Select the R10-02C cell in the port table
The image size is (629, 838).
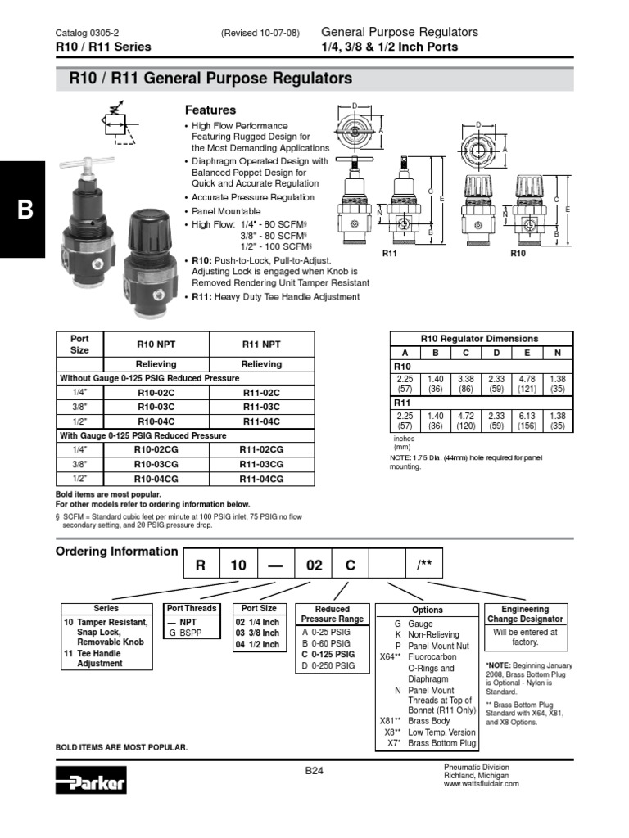156,393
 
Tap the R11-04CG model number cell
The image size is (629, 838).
261,478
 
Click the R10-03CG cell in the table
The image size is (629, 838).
156,464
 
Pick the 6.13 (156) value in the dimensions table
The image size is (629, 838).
527,420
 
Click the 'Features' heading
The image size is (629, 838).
210,110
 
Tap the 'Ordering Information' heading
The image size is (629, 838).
116,551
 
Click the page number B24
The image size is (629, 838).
315,770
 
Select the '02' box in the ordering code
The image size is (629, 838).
314,565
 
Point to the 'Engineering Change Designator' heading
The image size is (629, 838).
525,614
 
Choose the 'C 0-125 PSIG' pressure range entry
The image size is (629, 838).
328,655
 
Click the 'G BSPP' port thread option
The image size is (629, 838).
184,633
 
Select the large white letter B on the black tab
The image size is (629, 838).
25,209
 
